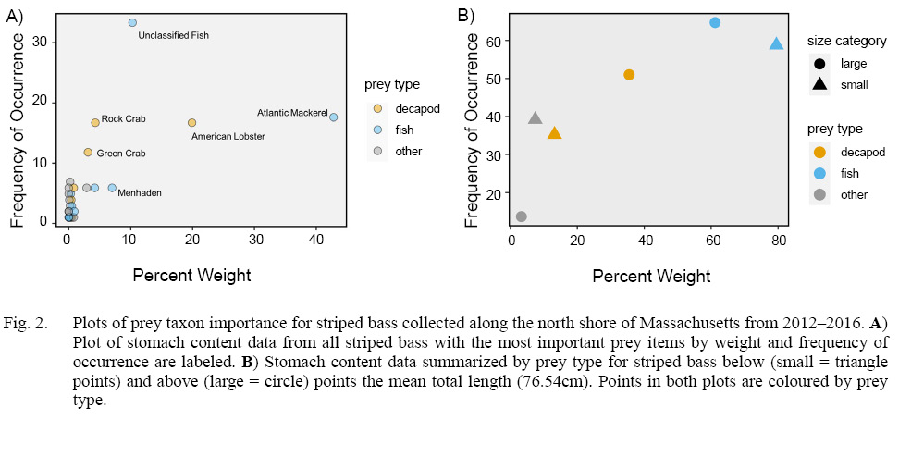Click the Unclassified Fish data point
[x=132, y=22]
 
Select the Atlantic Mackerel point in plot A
[x=333, y=117]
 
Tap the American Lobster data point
[x=191, y=122]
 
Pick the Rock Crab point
[x=95, y=122]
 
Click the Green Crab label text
[x=120, y=154]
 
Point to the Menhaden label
[x=140, y=193]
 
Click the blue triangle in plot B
[x=776, y=43]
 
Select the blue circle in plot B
[x=715, y=22]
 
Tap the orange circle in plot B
[x=629, y=74]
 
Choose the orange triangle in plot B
[x=554, y=133]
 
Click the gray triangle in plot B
[x=535, y=117]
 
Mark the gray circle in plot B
[x=521, y=216]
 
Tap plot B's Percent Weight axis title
[x=651, y=276]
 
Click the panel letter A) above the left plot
[x=16, y=15]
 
